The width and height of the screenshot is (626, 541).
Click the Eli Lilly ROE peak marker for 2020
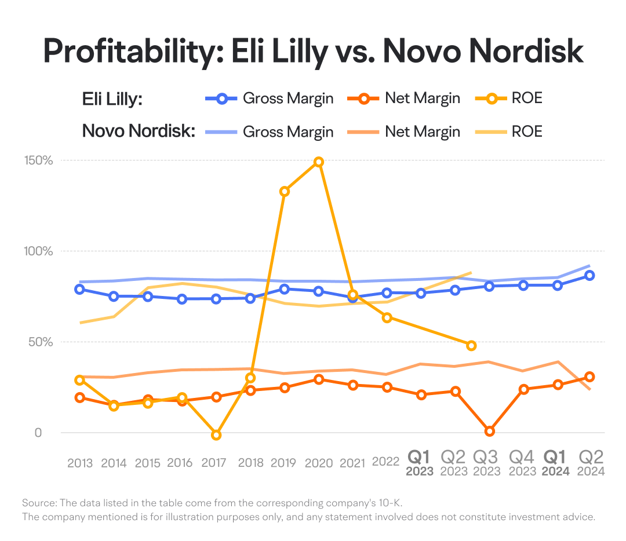[x=319, y=162]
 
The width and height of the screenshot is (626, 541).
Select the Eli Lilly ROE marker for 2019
[x=284, y=192]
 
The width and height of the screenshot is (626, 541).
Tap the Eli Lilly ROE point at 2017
[x=216, y=435]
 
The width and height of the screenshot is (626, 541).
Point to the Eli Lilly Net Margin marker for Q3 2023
[x=489, y=432]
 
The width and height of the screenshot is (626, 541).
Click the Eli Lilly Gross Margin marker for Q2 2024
[x=589, y=275]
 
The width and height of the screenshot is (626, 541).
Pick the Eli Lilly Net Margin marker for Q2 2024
[x=589, y=376]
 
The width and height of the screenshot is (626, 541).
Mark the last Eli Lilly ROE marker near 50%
[x=471, y=345]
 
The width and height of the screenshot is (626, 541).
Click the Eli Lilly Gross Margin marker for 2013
[x=80, y=289]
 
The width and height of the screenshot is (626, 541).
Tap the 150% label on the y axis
[x=39, y=160]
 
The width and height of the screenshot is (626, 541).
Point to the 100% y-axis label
[x=39, y=251]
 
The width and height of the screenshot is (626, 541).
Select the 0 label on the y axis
[x=38, y=433]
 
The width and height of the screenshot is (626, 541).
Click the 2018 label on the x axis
[x=251, y=463]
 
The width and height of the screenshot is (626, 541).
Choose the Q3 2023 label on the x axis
[x=486, y=463]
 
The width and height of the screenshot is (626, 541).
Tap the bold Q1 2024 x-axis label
[x=555, y=463]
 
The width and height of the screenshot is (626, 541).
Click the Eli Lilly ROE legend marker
[x=492, y=98]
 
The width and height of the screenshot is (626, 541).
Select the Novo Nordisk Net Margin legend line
[x=363, y=131]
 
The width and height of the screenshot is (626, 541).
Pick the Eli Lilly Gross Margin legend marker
[x=221, y=98]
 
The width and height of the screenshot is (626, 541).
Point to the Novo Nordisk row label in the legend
[x=139, y=131]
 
